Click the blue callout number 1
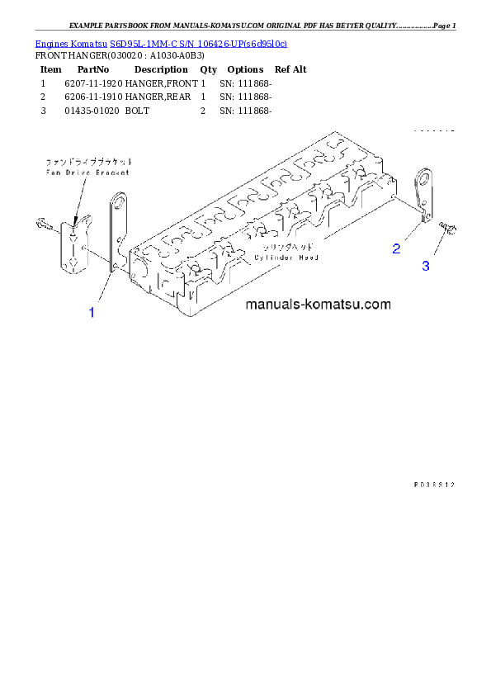click(92, 312)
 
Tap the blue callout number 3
click(426, 266)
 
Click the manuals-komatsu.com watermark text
click(318, 305)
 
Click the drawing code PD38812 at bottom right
click(434, 485)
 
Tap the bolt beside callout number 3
click(448, 228)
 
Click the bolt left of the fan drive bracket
click(45, 223)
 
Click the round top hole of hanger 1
click(119, 201)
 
